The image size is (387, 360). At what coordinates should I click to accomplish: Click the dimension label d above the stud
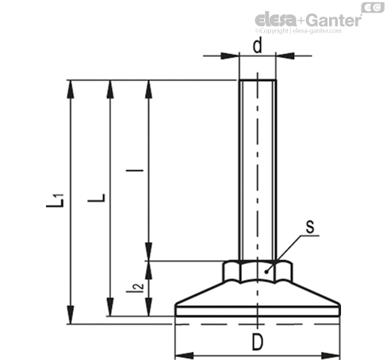[x=257, y=45]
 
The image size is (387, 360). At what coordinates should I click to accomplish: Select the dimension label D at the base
[x=258, y=342]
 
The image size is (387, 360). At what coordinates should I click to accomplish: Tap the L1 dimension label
[x=56, y=201]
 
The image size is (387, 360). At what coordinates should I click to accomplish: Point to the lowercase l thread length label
[x=135, y=170]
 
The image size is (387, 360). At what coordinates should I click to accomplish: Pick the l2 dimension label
[x=135, y=288]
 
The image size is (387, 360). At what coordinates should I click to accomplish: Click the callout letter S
[x=310, y=227]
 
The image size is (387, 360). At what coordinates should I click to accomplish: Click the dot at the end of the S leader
[x=266, y=272]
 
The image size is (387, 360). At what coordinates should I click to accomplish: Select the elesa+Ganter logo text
[x=308, y=19]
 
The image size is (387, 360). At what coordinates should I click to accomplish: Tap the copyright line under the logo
[x=298, y=31]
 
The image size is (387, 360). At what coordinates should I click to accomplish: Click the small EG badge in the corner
[x=373, y=7]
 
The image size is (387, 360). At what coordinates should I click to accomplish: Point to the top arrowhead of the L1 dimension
[x=71, y=89]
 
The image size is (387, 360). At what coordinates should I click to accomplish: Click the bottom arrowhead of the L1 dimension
[x=71, y=315]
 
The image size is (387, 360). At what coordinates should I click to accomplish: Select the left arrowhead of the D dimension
[x=184, y=356]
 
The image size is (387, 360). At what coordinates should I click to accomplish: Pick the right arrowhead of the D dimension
[x=331, y=356]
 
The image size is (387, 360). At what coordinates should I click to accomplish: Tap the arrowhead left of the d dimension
[x=230, y=56]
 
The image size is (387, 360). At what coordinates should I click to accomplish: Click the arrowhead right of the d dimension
[x=285, y=56]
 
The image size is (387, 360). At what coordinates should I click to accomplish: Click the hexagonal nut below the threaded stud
[x=258, y=271]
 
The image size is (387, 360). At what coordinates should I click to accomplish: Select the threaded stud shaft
[x=258, y=170]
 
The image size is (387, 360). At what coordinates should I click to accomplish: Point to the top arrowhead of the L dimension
[x=110, y=89]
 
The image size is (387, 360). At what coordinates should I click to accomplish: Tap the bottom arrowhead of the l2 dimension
[x=149, y=307]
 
